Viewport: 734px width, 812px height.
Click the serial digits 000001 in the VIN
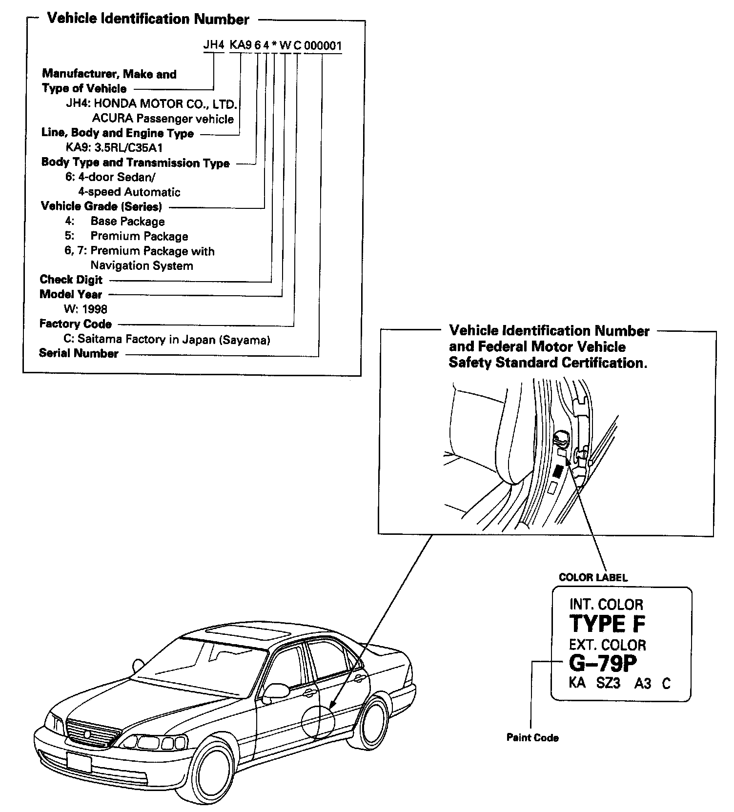pyautogui.click(x=323, y=46)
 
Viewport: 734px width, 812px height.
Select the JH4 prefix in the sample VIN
pyautogui.click(x=213, y=46)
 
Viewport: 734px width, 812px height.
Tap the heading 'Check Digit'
pyautogui.click(x=71, y=280)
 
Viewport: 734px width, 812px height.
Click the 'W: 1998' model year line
pyautogui.click(x=85, y=309)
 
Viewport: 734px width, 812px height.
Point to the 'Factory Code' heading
pyautogui.click(x=76, y=324)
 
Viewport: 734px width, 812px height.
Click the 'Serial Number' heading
pyautogui.click(x=79, y=353)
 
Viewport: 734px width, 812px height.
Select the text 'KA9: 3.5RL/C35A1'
pyautogui.click(x=114, y=148)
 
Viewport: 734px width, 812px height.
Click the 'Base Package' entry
pyautogui.click(x=127, y=222)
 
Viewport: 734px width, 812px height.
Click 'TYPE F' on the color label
pyautogui.click(x=608, y=624)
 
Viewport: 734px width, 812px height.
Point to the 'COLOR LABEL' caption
pyautogui.click(x=593, y=577)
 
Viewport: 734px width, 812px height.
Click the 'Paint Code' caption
pyautogui.click(x=532, y=737)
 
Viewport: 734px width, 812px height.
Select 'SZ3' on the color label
pyautogui.click(x=608, y=683)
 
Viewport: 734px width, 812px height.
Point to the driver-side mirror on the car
pyautogui.click(x=276, y=690)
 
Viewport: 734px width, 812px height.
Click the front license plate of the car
pyautogui.click(x=78, y=762)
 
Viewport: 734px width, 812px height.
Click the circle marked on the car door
pyautogui.click(x=318, y=722)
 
